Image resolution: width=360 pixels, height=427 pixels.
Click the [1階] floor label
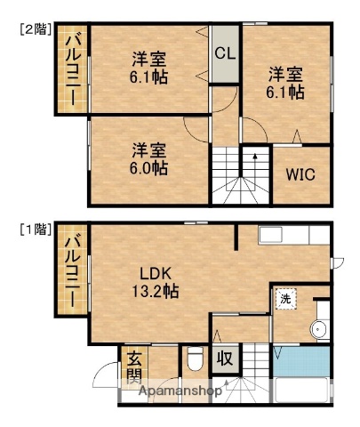coord(35,230)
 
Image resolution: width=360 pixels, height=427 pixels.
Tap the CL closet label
coord(225,52)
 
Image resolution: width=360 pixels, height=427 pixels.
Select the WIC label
coord(300,174)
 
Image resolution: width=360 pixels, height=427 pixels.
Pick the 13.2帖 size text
coord(156,291)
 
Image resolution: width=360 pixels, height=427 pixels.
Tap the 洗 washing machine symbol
coord(285,300)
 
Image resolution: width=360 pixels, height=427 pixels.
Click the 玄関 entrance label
coord(134,367)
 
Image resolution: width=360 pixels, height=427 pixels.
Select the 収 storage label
coord(226,359)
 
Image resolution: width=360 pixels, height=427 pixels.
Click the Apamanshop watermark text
coord(179,391)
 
